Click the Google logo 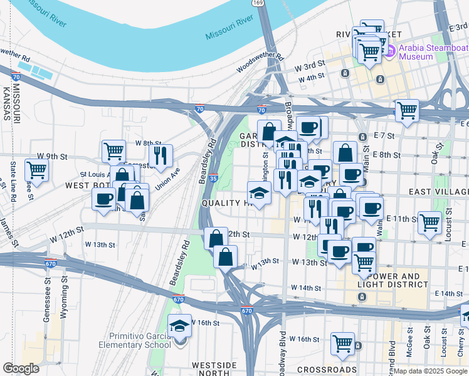pyautogui.click(x=21, y=368)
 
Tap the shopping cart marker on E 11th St pyautogui.click(x=429, y=222)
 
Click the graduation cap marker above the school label pyautogui.click(x=180, y=325)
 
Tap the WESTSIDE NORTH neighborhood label pyautogui.click(x=214, y=369)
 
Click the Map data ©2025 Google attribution pyautogui.click(x=430, y=371)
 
